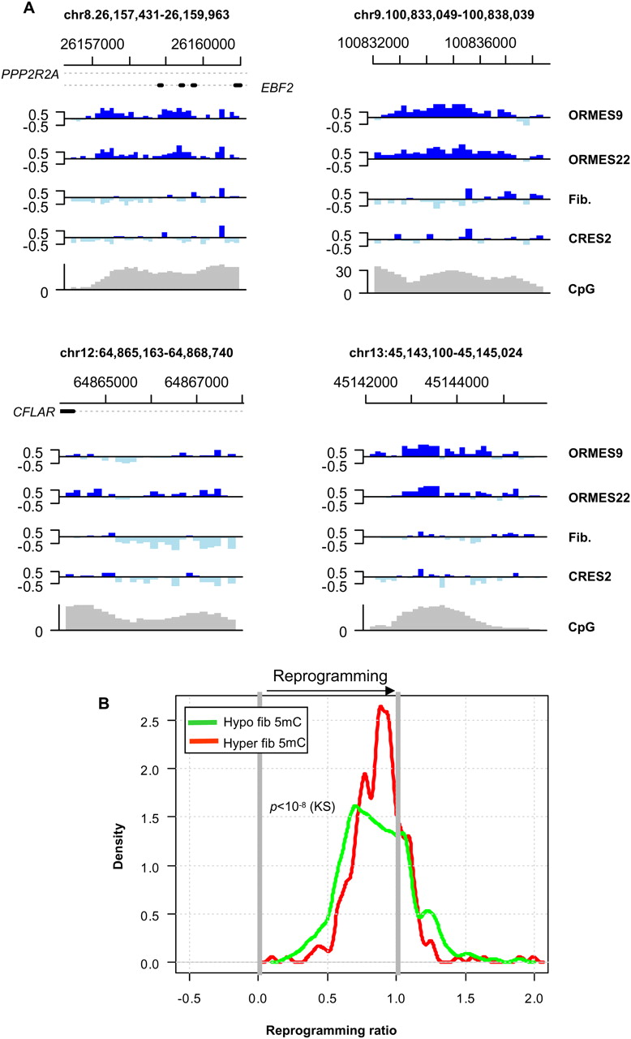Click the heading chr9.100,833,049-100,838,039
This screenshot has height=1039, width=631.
coord(444,15)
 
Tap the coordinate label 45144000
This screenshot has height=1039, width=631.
coord(457,382)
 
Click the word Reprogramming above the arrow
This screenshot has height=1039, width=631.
coord(329,676)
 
